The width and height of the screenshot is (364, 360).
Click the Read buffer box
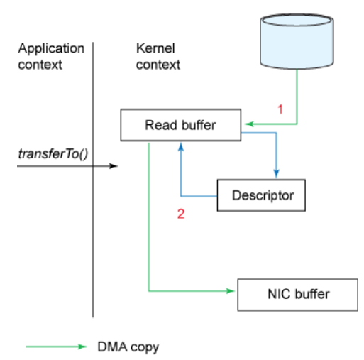tap(181, 125)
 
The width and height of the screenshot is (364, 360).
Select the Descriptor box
tap(261, 195)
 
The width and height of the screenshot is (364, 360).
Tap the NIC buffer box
tap(298, 295)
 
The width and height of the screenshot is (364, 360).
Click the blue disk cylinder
tap(297, 41)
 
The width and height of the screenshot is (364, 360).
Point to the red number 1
tap(280, 109)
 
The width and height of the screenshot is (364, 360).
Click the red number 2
tap(181, 214)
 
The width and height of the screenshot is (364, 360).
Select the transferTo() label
tap(53, 154)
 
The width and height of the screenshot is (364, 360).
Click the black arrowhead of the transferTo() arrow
tap(114, 166)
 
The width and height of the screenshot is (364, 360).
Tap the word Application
tap(51, 49)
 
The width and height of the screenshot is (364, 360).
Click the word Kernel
tap(155, 48)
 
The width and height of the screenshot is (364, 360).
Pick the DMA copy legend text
tap(128, 347)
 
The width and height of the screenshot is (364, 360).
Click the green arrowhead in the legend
tap(82, 347)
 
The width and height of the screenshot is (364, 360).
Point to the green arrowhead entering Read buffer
tap(249, 124)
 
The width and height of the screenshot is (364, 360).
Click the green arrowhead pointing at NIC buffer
tap(230, 291)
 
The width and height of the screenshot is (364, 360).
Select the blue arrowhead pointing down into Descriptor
tap(276, 173)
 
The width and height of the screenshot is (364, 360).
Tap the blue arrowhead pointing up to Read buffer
tap(181, 146)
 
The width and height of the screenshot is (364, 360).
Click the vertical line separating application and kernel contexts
tap(93, 180)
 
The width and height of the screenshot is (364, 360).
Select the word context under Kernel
tap(158, 65)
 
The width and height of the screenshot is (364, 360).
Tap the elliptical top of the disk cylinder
tap(297, 20)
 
